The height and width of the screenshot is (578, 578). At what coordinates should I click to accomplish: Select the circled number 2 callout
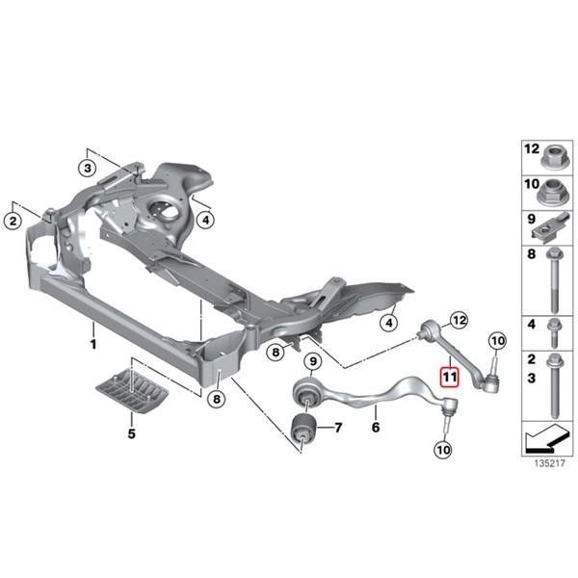[x=13, y=222]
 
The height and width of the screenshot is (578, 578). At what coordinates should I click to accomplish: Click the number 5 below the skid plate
[x=130, y=433]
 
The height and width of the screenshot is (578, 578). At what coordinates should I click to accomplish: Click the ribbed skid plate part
[x=131, y=393]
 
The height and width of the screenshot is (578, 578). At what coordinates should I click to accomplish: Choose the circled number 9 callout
[x=311, y=362]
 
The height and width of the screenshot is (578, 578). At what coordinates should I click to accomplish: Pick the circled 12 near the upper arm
[x=458, y=319]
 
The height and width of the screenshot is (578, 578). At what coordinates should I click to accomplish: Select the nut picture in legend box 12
[x=556, y=154]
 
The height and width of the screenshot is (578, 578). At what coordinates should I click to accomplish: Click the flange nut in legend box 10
[x=556, y=189]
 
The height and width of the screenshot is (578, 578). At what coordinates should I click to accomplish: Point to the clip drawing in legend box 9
[x=556, y=228]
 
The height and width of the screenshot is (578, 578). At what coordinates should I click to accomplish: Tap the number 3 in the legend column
[x=530, y=378]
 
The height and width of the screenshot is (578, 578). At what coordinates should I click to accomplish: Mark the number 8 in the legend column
[x=530, y=256]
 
